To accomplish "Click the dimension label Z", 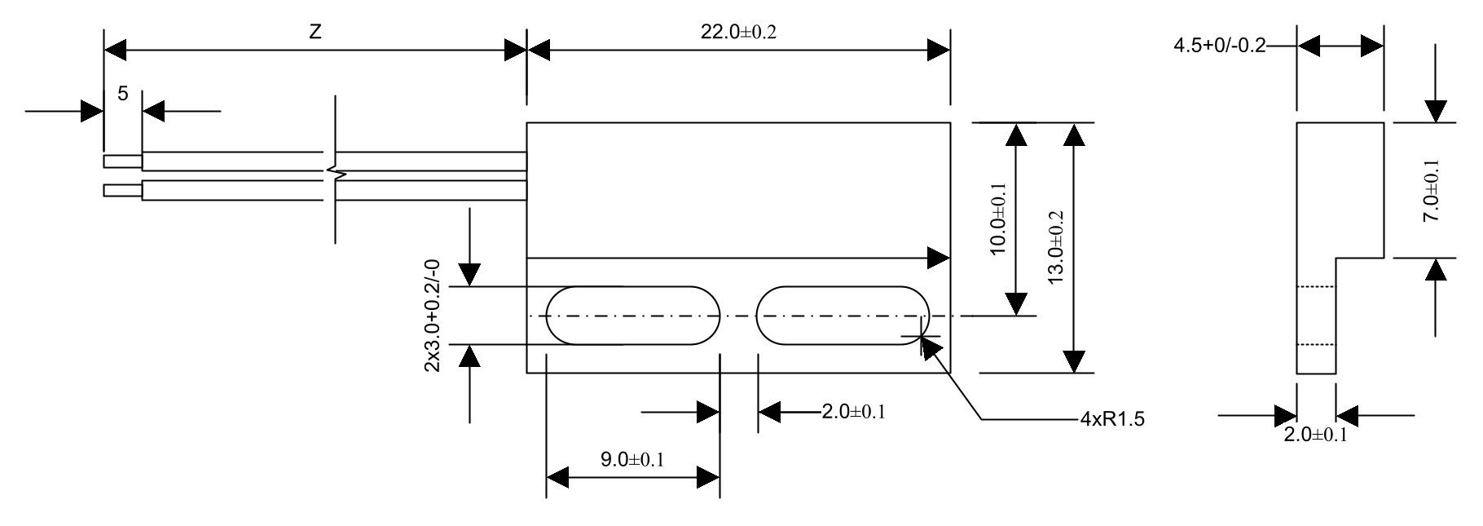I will (315, 32).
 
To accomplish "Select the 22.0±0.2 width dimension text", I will (737, 32).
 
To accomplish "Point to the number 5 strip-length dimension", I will (122, 94).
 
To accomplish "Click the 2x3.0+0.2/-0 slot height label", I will (432, 316).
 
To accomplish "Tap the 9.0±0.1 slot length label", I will (632, 459).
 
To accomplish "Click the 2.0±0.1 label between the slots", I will (852, 412).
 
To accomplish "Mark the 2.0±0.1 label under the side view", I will (1315, 435).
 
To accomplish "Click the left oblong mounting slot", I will (633, 316).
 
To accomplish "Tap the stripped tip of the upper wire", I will (122, 161).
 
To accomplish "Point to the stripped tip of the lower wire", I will (122, 191).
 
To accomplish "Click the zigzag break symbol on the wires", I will (336, 173).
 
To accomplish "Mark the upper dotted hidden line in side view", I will (1315, 287).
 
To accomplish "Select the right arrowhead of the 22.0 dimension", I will (939, 51).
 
